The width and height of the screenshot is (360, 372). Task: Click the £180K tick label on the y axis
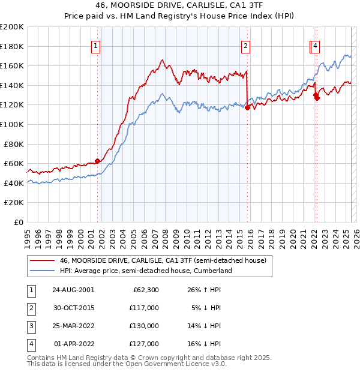point(12,46)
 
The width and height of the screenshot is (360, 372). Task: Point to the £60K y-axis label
point(14,163)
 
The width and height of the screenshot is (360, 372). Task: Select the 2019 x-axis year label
point(281,234)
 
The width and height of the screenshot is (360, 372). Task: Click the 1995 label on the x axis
point(27,234)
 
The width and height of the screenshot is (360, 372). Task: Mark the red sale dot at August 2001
point(97,161)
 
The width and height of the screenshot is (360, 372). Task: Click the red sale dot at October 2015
point(247,108)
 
